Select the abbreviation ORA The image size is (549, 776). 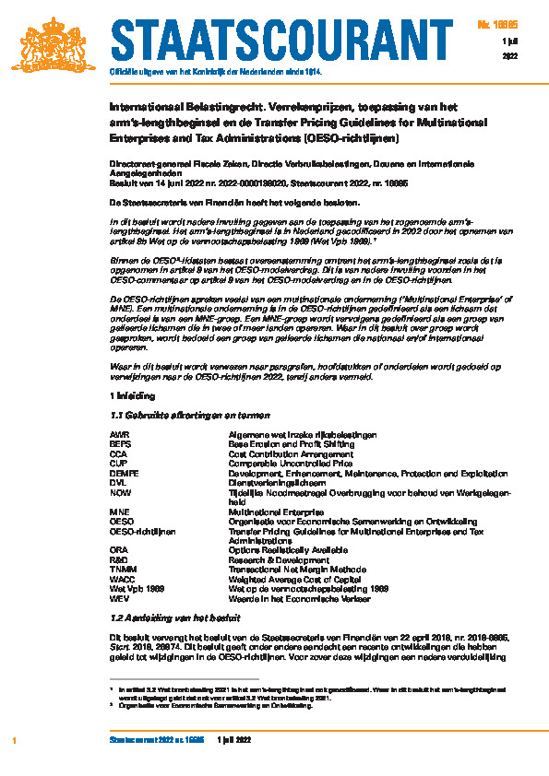120,550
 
